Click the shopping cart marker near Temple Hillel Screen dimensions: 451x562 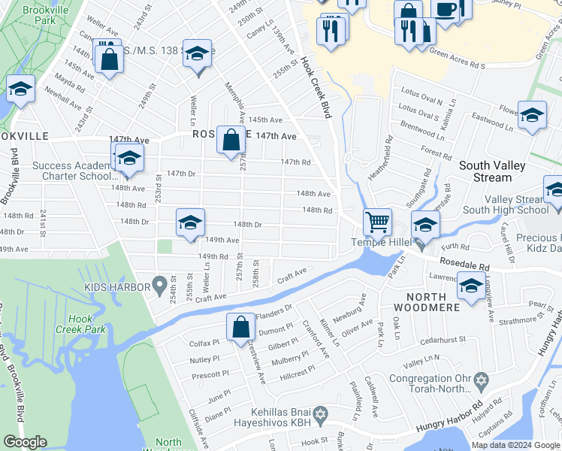tap(377, 222)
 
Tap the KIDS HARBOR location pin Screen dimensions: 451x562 tap(159, 284)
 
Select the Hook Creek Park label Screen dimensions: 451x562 tap(74, 324)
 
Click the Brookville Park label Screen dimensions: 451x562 tap(40, 16)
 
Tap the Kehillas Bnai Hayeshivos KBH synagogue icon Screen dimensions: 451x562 tap(321, 415)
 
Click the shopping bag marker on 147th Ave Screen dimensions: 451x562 tap(231, 139)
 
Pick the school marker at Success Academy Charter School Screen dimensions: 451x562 tap(129, 159)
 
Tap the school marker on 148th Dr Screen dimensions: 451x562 tap(190, 222)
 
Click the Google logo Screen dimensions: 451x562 tap(25, 443)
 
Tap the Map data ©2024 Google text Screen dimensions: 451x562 tap(516, 445)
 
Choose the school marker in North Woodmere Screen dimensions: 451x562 tap(471, 286)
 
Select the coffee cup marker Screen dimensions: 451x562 tap(446, 9)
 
